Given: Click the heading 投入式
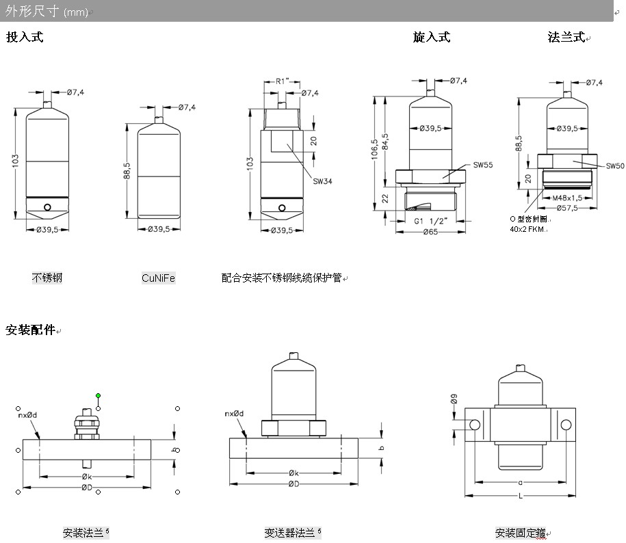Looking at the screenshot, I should click(x=25, y=37).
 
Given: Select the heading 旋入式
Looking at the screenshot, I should click(x=432, y=37).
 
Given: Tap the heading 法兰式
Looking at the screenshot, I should click(x=566, y=37).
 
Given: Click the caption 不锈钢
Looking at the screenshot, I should click(x=47, y=278).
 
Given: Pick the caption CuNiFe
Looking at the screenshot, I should click(x=158, y=278).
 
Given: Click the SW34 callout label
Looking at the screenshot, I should click(x=322, y=181).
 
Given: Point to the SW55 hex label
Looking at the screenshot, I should click(x=482, y=165).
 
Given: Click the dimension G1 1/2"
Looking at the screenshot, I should click(x=432, y=222).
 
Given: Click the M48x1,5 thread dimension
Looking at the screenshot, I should click(x=566, y=198).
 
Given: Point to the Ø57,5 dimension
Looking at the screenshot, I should click(x=567, y=207).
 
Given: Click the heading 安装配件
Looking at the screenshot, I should click(x=29, y=330).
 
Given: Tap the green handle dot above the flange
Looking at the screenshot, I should click(x=99, y=395).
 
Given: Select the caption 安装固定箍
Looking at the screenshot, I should click(x=521, y=533).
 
